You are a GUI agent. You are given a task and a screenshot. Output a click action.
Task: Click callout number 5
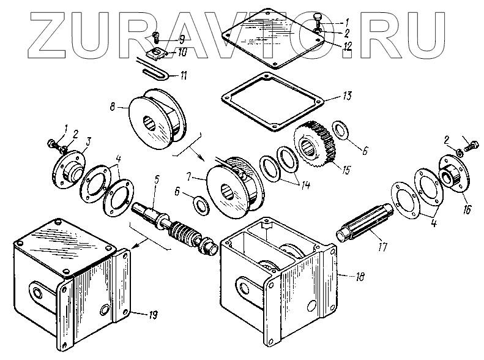pyautogui.click(x=157, y=180)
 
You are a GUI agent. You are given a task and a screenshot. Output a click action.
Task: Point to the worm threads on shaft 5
pyautogui.click(x=184, y=233)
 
